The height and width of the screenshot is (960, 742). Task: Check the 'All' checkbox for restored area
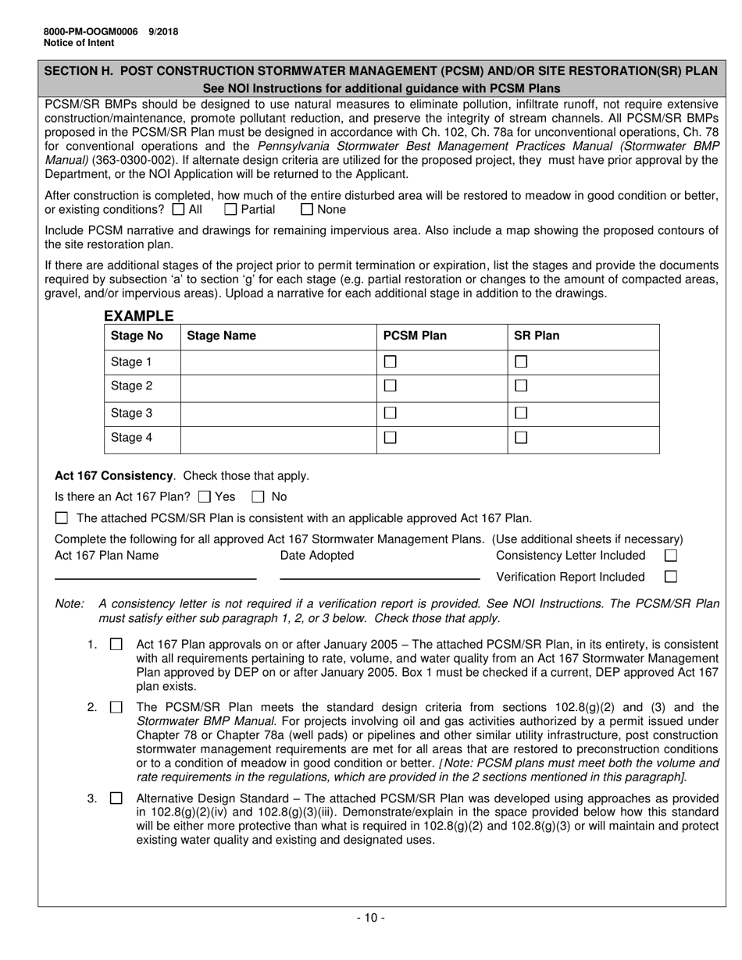pos(178,209)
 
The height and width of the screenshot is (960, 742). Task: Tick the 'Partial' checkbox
pos(230,209)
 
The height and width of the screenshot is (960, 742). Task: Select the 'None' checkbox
pos(307,209)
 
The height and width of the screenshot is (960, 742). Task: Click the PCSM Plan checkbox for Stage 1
pos(391,362)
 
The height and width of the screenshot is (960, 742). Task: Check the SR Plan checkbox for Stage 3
pos(521,413)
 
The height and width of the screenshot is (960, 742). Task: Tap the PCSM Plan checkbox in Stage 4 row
pos(391,438)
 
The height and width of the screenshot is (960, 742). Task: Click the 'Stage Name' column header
pos(221,336)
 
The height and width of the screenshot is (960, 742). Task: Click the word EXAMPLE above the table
pos(138,316)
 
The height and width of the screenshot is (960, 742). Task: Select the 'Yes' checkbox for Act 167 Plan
pos(205,496)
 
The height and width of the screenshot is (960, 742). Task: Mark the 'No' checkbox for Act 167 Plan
pos(258,496)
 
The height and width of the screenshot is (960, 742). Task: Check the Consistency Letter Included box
pos(670,556)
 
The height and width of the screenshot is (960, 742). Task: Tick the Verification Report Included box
pos(670,577)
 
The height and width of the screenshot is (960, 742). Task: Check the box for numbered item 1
pos(116,645)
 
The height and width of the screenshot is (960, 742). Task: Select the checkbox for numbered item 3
pos(116,798)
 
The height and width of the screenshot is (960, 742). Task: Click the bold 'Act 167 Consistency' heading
pos(113,475)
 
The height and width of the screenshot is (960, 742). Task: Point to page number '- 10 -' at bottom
pos(370,918)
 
